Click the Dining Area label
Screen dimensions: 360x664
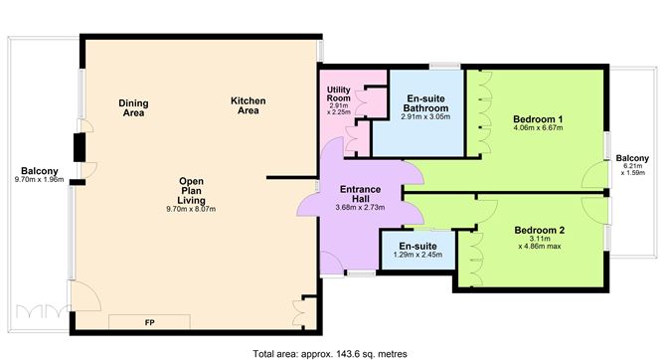pyautogui.click(x=132, y=107)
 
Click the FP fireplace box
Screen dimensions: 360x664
pyautogui.click(x=149, y=323)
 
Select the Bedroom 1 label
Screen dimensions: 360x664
pyautogui.click(x=538, y=119)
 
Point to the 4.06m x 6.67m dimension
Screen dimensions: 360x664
pyautogui.click(x=538, y=129)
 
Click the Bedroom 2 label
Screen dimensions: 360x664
pyautogui.click(x=540, y=230)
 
